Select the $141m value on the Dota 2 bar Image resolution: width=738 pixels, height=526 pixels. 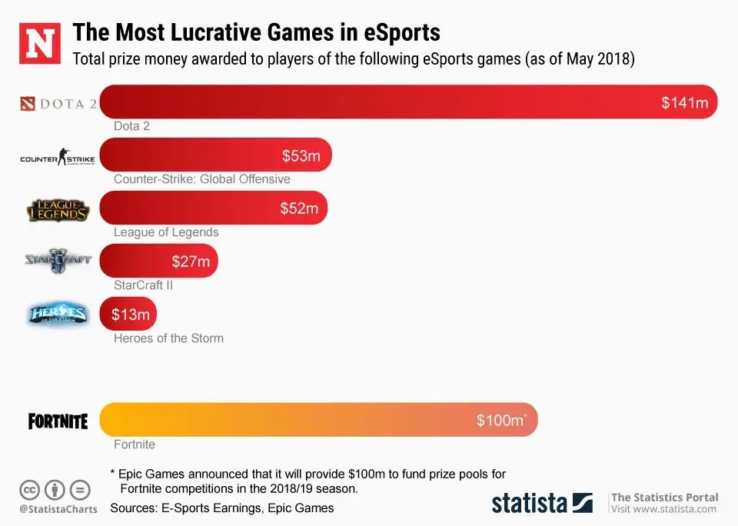pyautogui.click(x=684, y=103)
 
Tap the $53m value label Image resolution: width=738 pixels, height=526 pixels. pyautogui.click(x=301, y=156)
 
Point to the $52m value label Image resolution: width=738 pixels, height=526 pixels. pyautogui.click(x=298, y=208)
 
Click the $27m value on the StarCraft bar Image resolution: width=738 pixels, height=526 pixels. pyautogui.click(x=191, y=261)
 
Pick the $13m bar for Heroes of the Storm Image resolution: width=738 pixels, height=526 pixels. pyautogui.click(x=128, y=314)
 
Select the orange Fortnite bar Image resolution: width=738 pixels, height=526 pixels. pyautogui.click(x=318, y=420)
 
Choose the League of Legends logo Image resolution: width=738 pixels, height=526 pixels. pyautogui.click(x=58, y=209)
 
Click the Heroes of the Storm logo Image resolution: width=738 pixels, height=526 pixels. pyautogui.click(x=58, y=314)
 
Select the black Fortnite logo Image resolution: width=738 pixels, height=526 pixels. pyautogui.click(x=58, y=421)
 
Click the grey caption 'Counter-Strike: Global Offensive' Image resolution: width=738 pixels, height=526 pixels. pyautogui.click(x=202, y=179)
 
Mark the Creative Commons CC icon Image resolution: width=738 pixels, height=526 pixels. pyautogui.click(x=30, y=489)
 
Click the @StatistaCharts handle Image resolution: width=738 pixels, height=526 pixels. pyautogui.click(x=58, y=508)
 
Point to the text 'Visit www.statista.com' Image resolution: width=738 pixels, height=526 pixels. pyautogui.click(x=663, y=509)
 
